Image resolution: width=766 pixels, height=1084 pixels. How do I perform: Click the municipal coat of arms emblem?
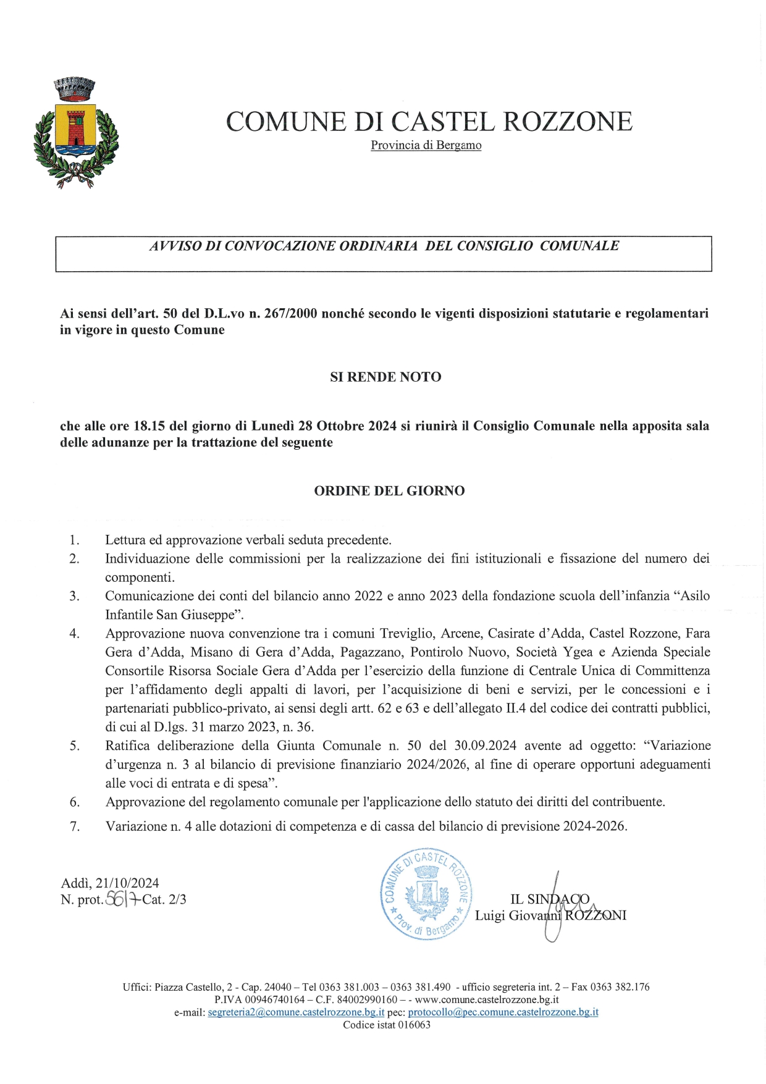(x=76, y=133)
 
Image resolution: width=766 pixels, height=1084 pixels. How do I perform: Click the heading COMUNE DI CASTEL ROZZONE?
(x=429, y=121)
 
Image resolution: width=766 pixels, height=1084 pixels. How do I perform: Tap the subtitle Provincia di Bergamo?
(x=426, y=146)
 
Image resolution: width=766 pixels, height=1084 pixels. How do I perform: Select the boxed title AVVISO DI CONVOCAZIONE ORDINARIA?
(x=384, y=246)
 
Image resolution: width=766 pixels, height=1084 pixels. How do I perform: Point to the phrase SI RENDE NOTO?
(x=385, y=377)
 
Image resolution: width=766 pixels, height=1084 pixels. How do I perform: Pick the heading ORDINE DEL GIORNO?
(x=389, y=491)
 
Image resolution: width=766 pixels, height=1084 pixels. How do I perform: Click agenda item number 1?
(x=75, y=540)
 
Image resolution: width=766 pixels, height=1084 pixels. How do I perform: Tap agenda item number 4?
(x=75, y=634)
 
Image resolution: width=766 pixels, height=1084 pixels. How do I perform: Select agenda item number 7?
(x=75, y=826)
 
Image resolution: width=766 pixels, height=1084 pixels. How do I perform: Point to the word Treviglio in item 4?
(x=406, y=634)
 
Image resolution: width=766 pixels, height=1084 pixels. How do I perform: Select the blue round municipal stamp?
(x=426, y=893)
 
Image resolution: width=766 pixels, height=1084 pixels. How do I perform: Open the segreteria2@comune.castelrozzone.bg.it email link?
(x=297, y=1012)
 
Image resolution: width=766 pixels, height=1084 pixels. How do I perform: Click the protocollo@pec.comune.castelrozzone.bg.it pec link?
(x=503, y=1012)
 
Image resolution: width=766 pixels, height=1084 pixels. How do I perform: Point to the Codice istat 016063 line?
(x=387, y=1025)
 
